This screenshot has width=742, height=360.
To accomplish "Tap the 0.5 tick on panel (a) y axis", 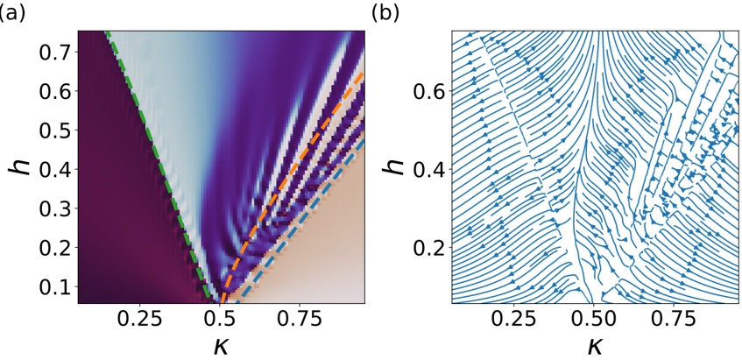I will (x=55, y=128).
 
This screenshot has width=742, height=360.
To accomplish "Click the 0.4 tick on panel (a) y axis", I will (x=55, y=167).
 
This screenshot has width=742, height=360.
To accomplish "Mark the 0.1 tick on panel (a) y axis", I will (x=55, y=287).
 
